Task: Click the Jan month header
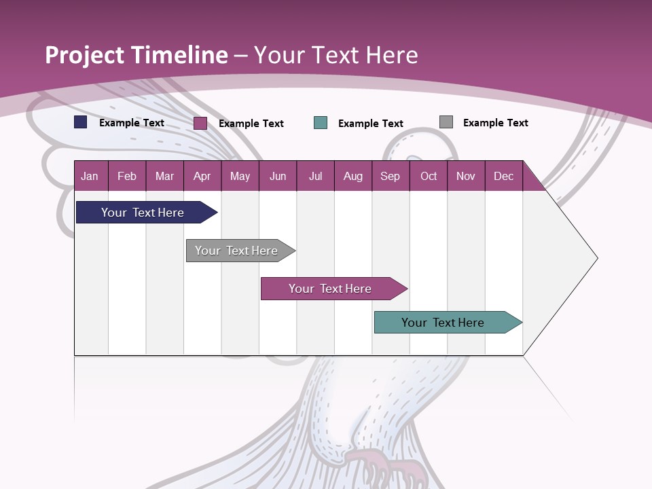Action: point(90,176)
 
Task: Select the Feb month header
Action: point(127,176)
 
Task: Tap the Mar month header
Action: point(164,176)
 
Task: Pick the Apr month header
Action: point(202,176)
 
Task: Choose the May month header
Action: point(240,176)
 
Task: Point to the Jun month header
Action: point(278,176)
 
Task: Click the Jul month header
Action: point(315,176)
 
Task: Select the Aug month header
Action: point(352,176)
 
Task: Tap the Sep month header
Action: point(390,176)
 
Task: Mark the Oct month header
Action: point(429,176)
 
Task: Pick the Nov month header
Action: point(466,176)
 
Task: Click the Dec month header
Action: point(503,176)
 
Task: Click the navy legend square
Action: point(81,122)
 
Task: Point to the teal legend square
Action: point(321,122)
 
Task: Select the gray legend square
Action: point(446,122)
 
